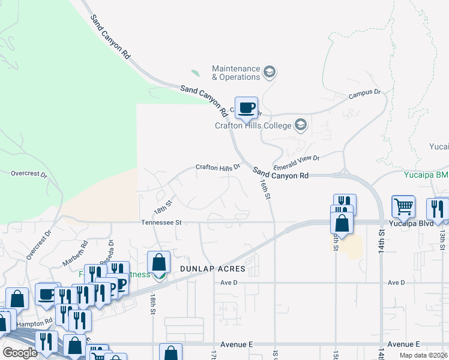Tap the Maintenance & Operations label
point(236,73)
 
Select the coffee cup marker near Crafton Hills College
point(246,107)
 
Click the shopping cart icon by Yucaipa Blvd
point(403,206)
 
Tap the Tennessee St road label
point(161,222)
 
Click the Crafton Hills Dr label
point(218,167)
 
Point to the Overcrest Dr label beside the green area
point(29,173)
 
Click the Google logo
point(20,352)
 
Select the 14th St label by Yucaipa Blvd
point(381,242)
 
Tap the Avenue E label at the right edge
point(403,344)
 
